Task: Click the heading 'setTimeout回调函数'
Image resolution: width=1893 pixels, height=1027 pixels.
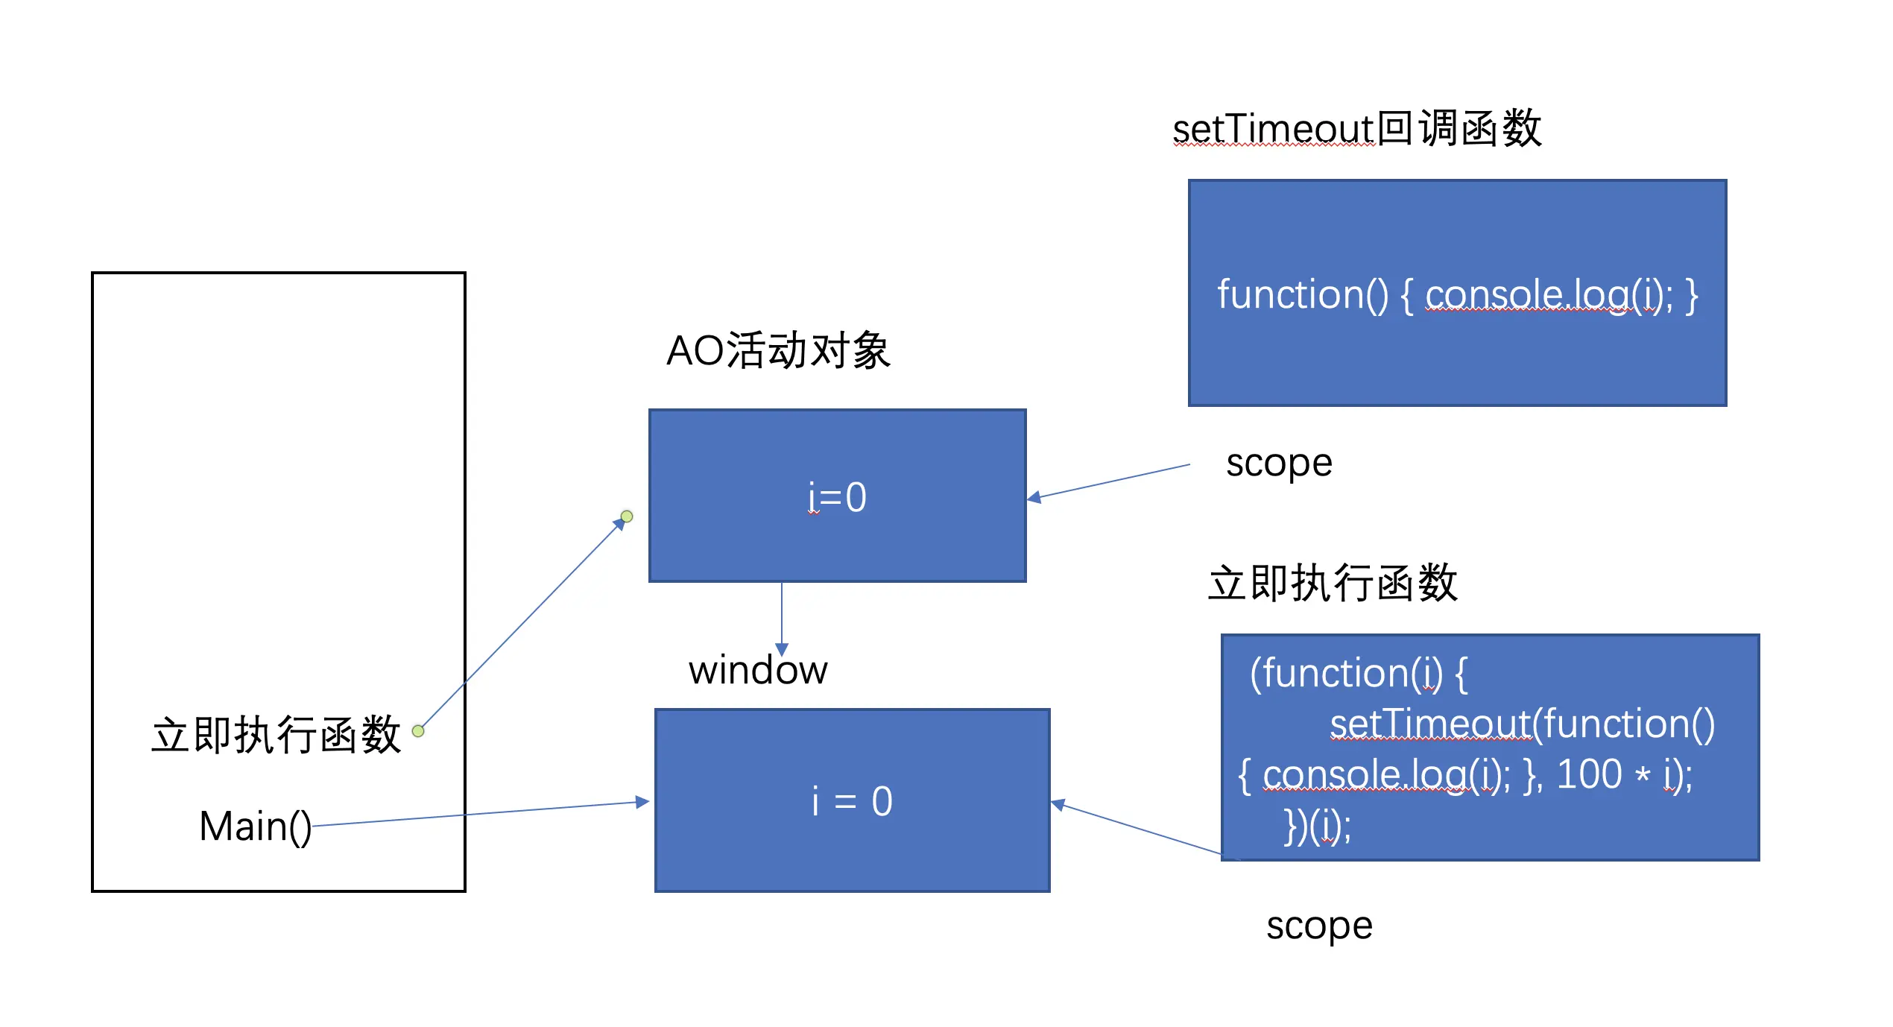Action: [x=1356, y=128]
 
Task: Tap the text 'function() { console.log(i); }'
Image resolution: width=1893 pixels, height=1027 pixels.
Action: [x=1457, y=295]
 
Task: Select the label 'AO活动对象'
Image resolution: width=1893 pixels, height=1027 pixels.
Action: [x=778, y=350]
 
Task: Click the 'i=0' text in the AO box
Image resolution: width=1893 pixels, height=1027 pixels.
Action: [x=837, y=497]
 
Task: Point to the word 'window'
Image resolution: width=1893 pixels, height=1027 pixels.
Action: [x=758, y=670]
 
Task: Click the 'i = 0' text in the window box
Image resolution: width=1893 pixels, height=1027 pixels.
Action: [x=852, y=801]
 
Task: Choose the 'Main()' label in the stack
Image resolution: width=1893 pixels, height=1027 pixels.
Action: [x=256, y=827]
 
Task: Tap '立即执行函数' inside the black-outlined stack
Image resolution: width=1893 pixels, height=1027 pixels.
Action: [x=276, y=735]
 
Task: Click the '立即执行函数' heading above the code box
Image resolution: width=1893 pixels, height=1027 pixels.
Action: [x=1333, y=582]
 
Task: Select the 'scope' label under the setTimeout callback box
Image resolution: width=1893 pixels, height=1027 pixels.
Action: [x=1279, y=464]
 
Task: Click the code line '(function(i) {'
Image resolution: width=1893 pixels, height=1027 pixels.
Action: [x=1359, y=674]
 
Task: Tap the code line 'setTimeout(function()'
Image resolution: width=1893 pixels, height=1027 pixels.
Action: [x=1523, y=724]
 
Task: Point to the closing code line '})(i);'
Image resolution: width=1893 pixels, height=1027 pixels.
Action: [x=1317, y=827]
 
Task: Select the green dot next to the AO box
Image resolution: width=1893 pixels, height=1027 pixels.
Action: [x=627, y=516]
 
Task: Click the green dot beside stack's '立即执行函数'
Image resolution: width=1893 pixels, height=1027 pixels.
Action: [x=418, y=731]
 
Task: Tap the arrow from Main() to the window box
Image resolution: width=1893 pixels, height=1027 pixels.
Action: [x=481, y=814]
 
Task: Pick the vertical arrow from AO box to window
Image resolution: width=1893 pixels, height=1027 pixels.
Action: [x=782, y=619]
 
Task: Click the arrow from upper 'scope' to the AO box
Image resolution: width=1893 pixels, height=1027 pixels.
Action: [x=1108, y=482]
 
